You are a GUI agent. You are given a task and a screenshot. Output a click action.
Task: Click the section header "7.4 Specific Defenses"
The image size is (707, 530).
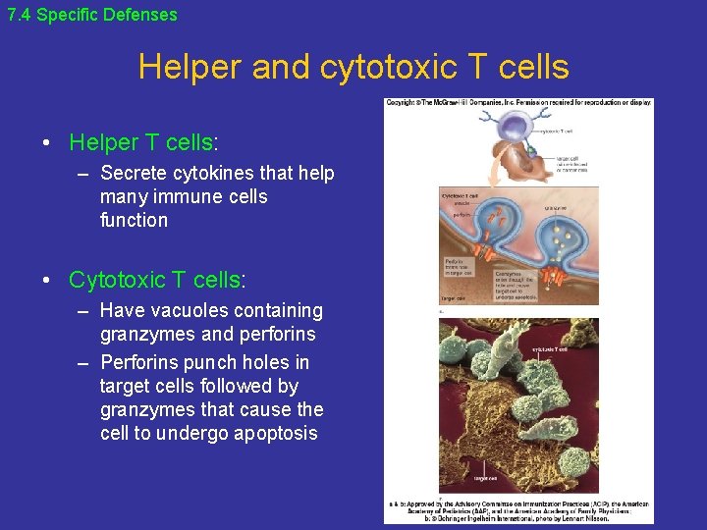[x=91, y=15]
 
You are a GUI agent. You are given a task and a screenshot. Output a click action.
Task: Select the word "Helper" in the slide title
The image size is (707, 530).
[x=190, y=67]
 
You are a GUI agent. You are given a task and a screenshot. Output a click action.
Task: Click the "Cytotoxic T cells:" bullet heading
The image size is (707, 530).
[x=157, y=280]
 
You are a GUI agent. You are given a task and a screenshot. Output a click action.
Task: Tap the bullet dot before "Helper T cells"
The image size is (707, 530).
[x=47, y=143]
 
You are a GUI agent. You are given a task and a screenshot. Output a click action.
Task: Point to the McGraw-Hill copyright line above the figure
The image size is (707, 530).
[x=517, y=102]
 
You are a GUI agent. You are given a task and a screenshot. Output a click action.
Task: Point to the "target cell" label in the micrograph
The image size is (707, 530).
[x=487, y=478]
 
